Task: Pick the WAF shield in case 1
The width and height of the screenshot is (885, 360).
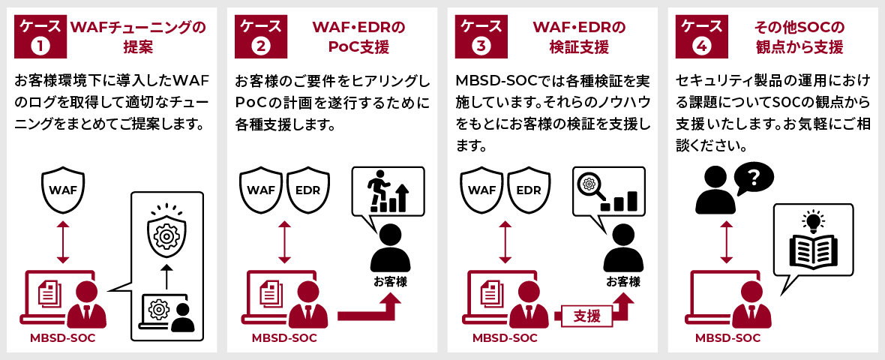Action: [63, 190]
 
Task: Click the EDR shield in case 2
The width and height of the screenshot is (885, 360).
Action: [307, 190]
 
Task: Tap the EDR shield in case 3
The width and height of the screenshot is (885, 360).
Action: [528, 190]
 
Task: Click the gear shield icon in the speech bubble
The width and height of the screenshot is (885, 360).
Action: [166, 232]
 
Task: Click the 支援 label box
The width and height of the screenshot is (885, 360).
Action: [586, 316]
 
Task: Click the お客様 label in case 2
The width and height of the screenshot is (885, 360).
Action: [390, 283]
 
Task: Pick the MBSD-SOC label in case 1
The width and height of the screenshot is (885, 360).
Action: [63, 338]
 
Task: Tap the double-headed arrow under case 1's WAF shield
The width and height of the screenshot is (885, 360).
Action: [63, 241]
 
